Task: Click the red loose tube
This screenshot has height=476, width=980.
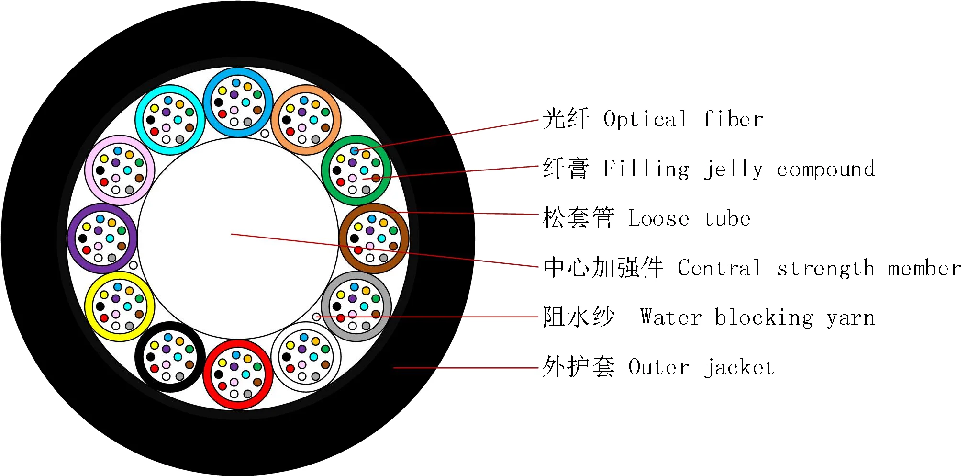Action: tap(238, 374)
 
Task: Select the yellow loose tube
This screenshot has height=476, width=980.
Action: tap(120, 306)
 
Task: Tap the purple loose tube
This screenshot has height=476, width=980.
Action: tap(102, 238)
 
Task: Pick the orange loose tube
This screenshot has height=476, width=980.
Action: tap(306, 120)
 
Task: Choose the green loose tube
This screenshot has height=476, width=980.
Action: tap(356, 170)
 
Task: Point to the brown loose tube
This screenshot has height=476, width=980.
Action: tap(374, 238)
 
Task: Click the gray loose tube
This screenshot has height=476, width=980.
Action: tap(356, 306)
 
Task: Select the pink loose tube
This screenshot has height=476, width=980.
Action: tap(120, 170)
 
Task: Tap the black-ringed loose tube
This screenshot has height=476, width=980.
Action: tap(170, 357)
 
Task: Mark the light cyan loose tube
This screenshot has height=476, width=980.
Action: tap(170, 120)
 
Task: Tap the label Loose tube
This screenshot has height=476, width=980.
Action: tap(689, 219)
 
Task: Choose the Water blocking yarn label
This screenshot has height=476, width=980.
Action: tap(757, 317)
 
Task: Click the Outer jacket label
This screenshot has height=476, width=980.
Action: tap(701, 367)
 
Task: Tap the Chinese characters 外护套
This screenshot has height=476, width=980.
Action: tap(578, 367)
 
